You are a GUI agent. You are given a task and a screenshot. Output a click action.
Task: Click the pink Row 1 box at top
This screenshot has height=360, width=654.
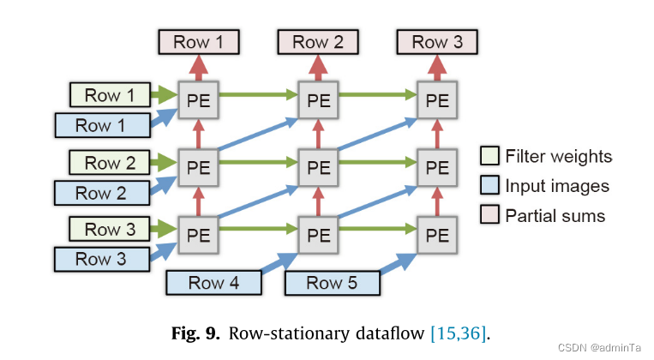pos(198,41)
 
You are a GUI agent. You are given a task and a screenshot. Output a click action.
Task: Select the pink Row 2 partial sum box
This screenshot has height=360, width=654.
pos(317,41)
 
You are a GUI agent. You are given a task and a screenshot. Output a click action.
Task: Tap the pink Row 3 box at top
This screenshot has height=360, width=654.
pos(436,41)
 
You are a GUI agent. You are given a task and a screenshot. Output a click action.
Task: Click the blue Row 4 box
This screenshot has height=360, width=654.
pos(213,283)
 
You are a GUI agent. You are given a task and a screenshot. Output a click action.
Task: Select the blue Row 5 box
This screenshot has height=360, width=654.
pos(332,283)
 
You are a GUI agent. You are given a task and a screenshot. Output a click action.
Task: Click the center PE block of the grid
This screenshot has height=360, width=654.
pos(318,165)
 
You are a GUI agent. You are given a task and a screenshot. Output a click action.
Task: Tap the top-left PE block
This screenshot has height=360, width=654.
pos(198,99)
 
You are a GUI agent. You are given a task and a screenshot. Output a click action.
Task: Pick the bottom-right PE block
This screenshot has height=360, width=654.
pos(437,232)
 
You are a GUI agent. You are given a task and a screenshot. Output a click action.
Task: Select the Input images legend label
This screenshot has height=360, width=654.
pos(557,186)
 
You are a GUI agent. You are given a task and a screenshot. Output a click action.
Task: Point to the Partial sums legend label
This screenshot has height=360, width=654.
pos(555,215)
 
